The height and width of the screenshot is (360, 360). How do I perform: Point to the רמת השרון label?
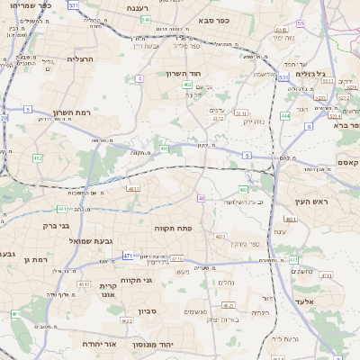click(73, 112)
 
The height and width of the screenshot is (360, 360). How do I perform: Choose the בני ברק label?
click(57, 225)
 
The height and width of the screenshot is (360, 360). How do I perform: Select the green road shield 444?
click(284, 115)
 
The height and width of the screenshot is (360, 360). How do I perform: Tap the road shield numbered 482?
click(37, 158)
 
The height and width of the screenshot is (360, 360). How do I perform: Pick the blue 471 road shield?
click(128, 256)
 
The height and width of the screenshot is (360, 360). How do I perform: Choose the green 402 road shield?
click(186, 85)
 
